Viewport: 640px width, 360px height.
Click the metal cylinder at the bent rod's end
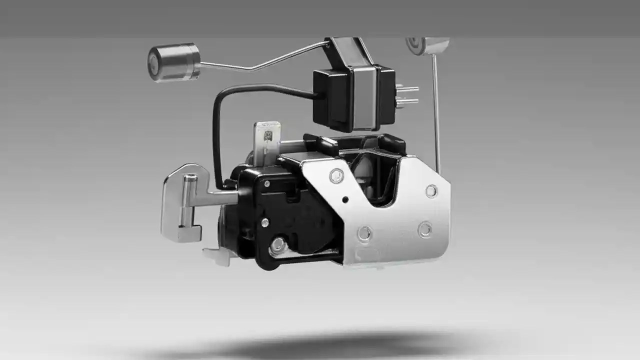click(x=173, y=62)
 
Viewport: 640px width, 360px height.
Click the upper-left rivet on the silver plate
click(x=336, y=175)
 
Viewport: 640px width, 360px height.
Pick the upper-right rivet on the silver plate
click(x=431, y=190)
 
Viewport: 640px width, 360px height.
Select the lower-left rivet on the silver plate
click(x=364, y=233)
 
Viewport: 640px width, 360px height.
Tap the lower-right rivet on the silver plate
click(x=425, y=229)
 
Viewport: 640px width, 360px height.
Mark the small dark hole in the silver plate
click(x=345, y=200)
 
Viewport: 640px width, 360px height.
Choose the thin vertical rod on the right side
click(x=436, y=115)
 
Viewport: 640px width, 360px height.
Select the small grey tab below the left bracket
click(x=215, y=255)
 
